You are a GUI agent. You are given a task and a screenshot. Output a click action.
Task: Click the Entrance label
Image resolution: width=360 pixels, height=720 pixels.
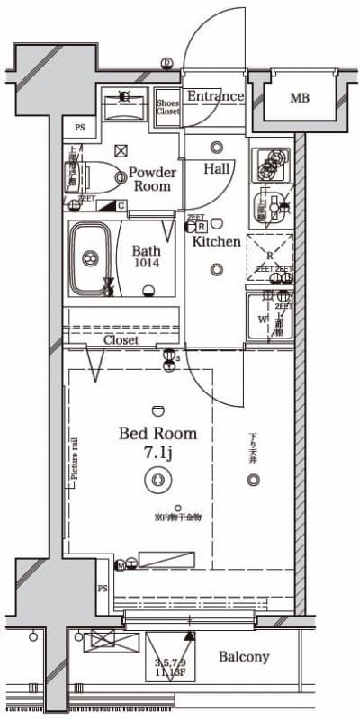(x=215, y=96)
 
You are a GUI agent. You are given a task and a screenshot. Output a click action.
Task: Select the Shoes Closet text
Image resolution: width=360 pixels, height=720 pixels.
(x=167, y=107)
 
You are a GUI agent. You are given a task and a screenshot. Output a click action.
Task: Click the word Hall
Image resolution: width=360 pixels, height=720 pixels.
(x=216, y=168)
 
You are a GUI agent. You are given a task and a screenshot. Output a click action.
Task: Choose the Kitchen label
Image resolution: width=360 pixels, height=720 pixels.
(x=216, y=241)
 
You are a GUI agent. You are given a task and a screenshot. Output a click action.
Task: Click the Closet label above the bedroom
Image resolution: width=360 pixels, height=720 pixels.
(x=121, y=340)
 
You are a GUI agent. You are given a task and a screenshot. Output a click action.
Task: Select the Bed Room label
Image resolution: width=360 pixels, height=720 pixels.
(x=157, y=434)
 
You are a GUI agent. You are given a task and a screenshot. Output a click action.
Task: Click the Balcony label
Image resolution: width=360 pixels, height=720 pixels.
(x=244, y=657)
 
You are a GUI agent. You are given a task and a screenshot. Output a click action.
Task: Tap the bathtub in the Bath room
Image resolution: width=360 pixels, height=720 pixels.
(x=90, y=258)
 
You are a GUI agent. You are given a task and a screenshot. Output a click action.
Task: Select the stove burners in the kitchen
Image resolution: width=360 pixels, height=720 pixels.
(x=269, y=164)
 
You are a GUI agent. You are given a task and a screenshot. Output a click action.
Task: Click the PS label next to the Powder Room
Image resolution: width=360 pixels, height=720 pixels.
(x=80, y=128)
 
